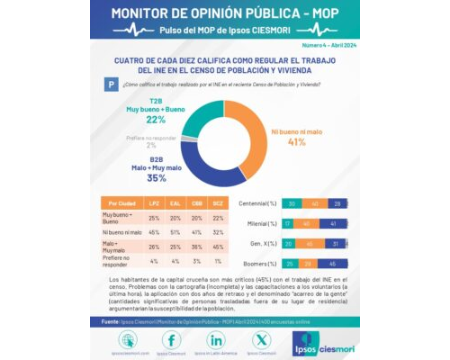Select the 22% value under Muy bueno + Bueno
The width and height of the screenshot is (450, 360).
tap(155, 120)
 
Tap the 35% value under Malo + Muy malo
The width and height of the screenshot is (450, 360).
tap(156, 178)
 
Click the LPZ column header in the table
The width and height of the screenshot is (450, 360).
tap(154, 203)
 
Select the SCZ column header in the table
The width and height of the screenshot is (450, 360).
tap(217, 203)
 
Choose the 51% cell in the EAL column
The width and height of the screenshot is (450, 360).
tap(175, 231)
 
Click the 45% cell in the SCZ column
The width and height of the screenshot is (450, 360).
tap(217, 246)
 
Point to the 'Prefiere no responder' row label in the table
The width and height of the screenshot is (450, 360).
tap(120, 262)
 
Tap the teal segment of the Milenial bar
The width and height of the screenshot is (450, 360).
tap(289, 223)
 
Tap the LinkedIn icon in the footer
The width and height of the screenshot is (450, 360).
tap(216, 339)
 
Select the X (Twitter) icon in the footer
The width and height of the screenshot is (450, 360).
tap(261, 339)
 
